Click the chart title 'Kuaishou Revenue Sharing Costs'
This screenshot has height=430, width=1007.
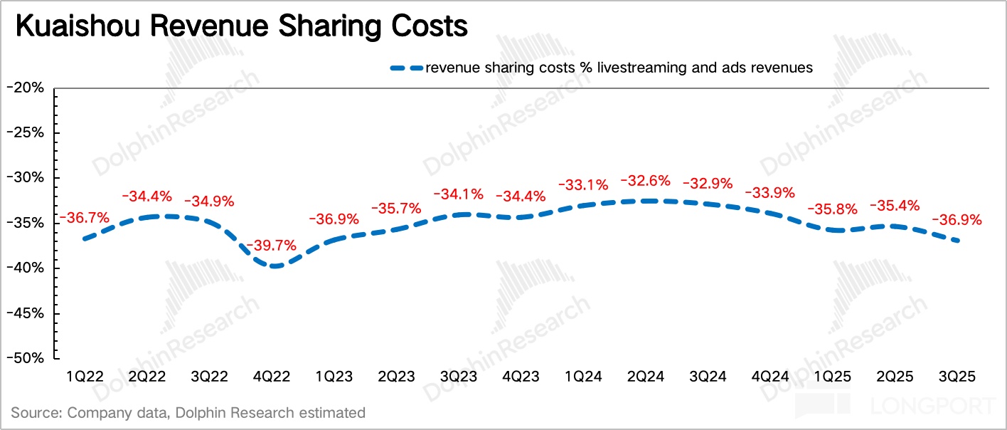coord(241,26)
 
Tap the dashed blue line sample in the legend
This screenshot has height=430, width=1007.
coord(406,68)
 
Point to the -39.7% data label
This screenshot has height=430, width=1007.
coord(271,246)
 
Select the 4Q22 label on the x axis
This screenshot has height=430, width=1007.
coord(271,376)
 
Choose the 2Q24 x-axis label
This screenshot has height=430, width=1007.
coord(645,376)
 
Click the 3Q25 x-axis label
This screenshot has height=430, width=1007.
coord(957,376)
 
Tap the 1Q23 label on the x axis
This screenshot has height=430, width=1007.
coord(333,376)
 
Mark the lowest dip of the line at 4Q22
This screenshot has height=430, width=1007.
coord(272,266)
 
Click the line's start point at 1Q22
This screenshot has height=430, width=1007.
coord(85,238)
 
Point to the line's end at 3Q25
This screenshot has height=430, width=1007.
coord(958,241)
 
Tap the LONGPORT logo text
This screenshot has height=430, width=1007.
coord(932,407)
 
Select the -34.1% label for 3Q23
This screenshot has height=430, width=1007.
coord(459,194)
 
